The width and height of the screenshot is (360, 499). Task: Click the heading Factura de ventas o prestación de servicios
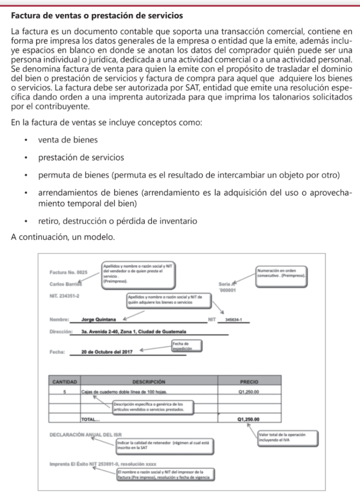97,16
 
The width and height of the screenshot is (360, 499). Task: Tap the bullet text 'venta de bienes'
68,140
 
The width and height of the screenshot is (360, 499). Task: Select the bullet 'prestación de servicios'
80,158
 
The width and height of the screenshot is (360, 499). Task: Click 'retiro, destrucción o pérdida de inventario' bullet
117,221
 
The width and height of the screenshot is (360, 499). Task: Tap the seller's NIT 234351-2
65,296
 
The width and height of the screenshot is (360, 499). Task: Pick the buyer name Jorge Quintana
99,320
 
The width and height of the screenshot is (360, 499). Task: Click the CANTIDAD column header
65,382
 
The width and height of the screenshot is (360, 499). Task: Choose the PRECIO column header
249,382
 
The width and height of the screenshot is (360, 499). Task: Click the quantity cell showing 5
65,391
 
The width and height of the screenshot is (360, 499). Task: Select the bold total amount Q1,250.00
249,418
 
